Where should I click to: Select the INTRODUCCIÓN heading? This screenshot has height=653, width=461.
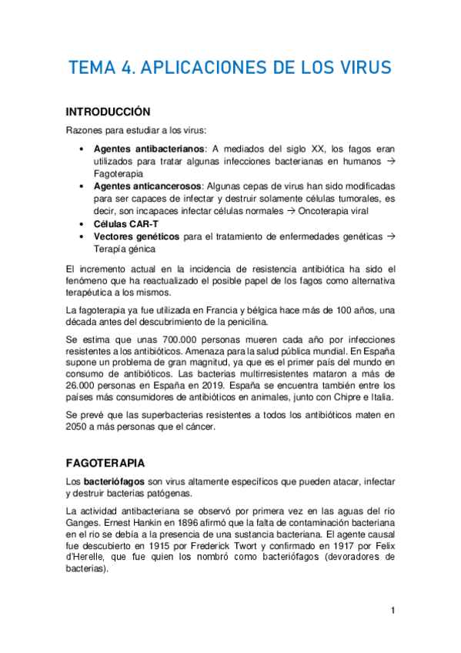tap(108, 111)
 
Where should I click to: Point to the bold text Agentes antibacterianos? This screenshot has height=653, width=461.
tap(138, 148)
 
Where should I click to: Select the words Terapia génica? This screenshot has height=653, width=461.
tap(125, 249)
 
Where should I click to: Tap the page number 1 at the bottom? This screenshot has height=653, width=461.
tap(393, 611)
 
